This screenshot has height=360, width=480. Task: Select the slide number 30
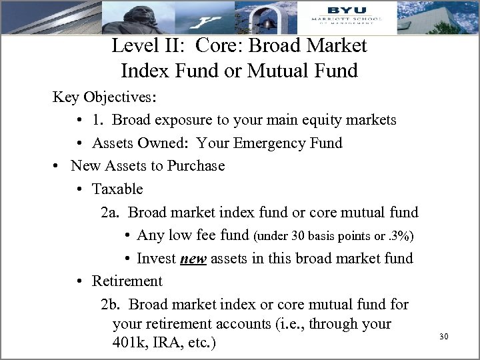444,337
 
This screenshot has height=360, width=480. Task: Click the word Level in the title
133,46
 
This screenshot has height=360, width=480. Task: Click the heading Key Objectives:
105,97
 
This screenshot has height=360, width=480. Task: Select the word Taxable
117,189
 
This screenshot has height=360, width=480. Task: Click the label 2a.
110,212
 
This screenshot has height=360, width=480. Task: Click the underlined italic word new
193,259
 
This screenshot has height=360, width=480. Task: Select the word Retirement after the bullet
127,281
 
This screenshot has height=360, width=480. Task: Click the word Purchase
196,165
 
